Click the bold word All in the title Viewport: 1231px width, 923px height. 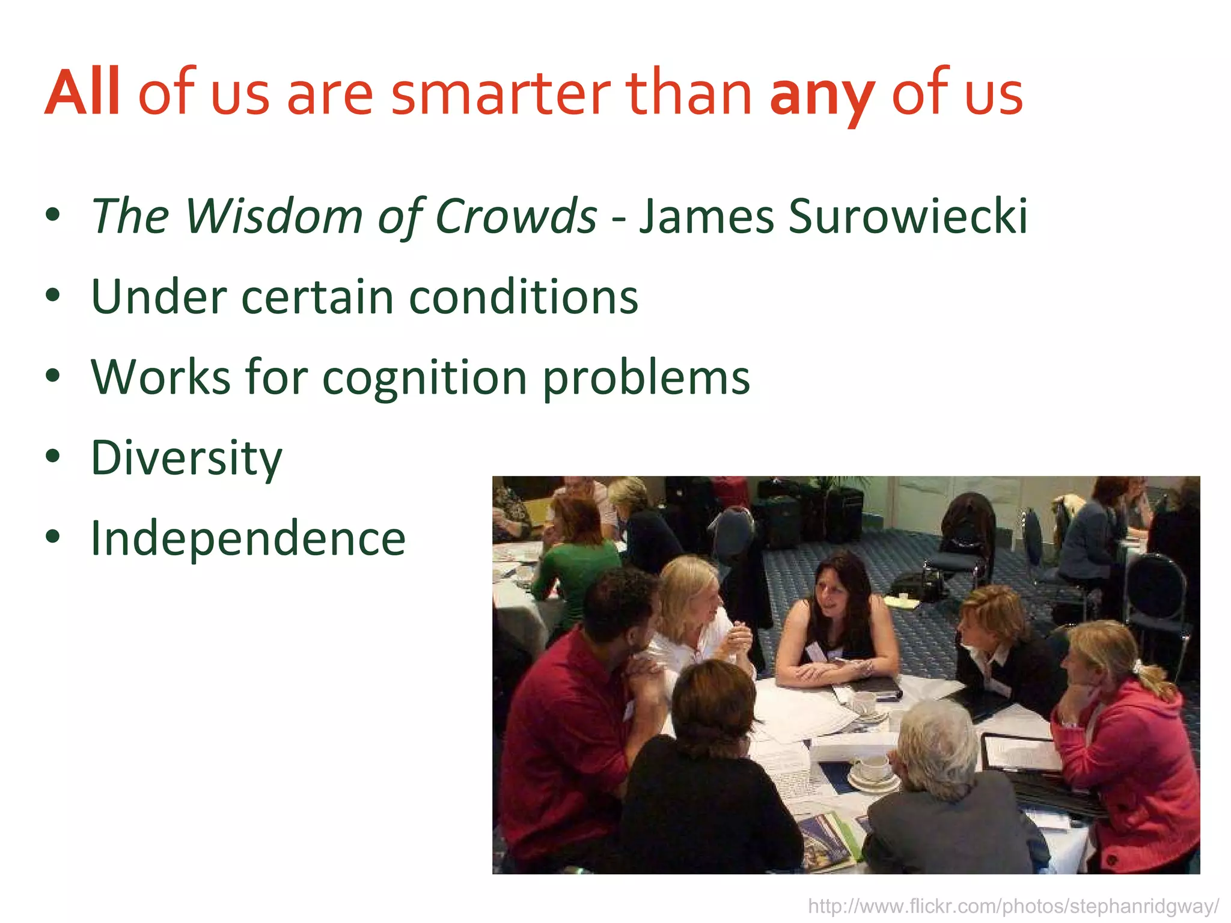(x=84, y=94)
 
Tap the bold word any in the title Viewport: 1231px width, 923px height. (x=821, y=96)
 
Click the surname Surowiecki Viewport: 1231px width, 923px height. (x=908, y=216)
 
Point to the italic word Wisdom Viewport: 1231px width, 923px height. (x=273, y=216)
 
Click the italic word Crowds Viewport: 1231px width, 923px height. (x=516, y=216)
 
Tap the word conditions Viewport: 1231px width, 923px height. (x=523, y=297)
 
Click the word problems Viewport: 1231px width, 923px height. (x=647, y=379)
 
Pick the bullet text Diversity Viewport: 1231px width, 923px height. (x=186, y=458)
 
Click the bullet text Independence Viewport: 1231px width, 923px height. (x=248, y=538)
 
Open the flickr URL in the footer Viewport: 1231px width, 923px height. (x=1013, y=906)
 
